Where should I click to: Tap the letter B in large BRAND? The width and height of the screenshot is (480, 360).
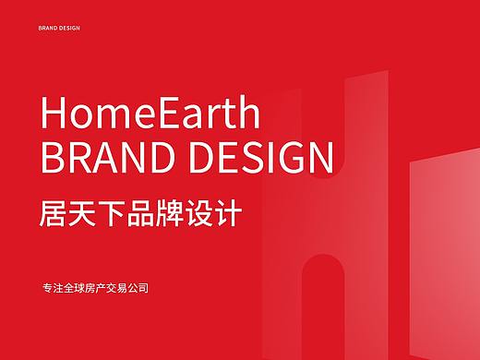(53, 160)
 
